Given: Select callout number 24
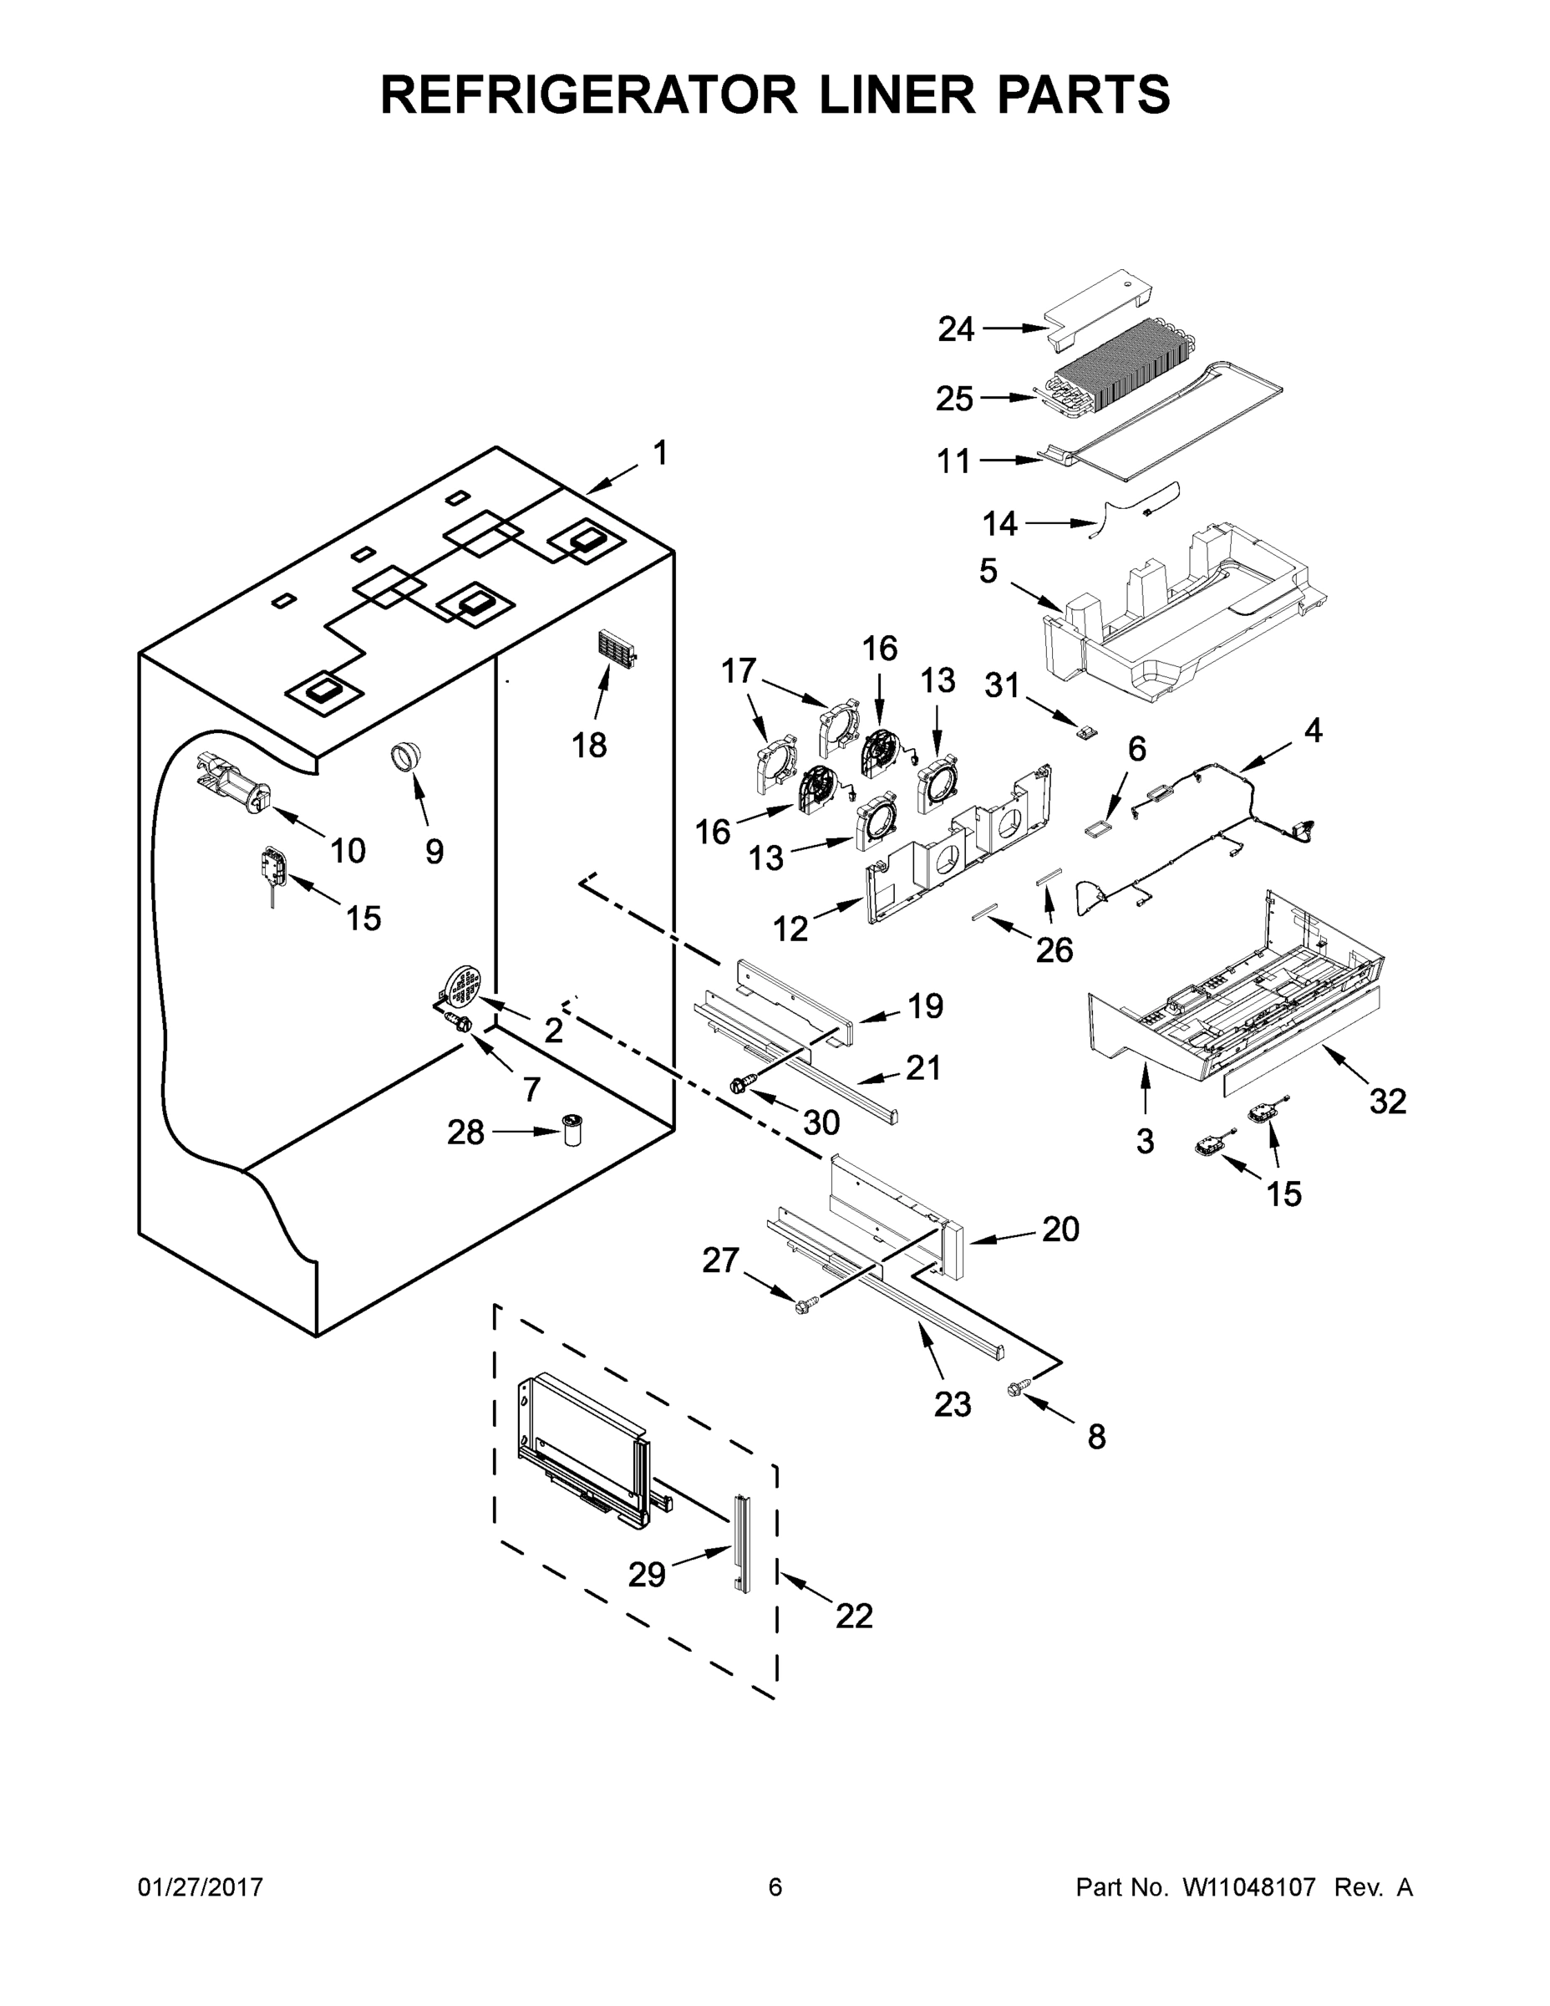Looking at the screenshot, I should pyautogui.click(x=955, y=328).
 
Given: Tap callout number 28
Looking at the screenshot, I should pyautogui.click(x=465, y=1133).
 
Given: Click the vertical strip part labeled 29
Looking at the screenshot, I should pyautogui.click(x=741, y=1544).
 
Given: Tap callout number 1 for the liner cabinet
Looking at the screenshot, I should pyautogui.click(x=659, y=453).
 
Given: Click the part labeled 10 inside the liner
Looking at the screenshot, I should pyautogui.click(x=232, y=782).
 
